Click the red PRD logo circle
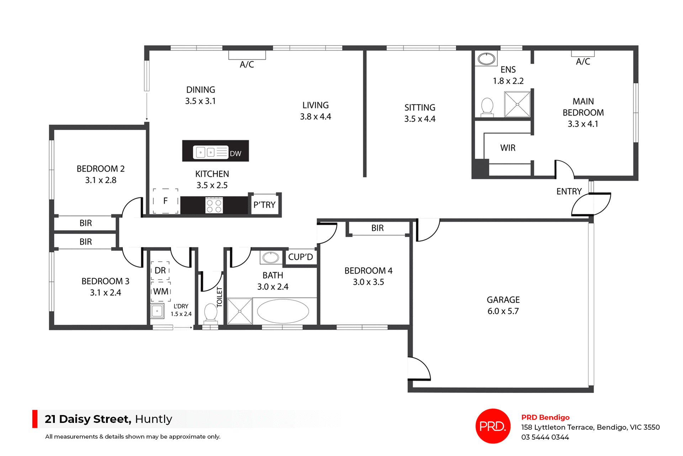(493, 426)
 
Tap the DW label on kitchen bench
(235, 153)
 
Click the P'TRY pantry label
(264, 205)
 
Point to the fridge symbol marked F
(165, 201)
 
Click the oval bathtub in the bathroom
(283, 311)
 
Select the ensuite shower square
(517, 104)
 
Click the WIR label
(508, 148)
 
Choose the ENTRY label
(569, 192)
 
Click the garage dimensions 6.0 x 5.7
(503, 311)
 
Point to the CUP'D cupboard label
(300, 257)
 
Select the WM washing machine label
(161, 292)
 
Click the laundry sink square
(157, 311)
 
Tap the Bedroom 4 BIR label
(377, 228)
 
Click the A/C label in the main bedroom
(583, 62)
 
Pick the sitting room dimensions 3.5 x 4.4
(420, 119)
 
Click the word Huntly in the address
(153, 419)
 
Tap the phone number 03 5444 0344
(545, 437)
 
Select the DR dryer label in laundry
(160, 270)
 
